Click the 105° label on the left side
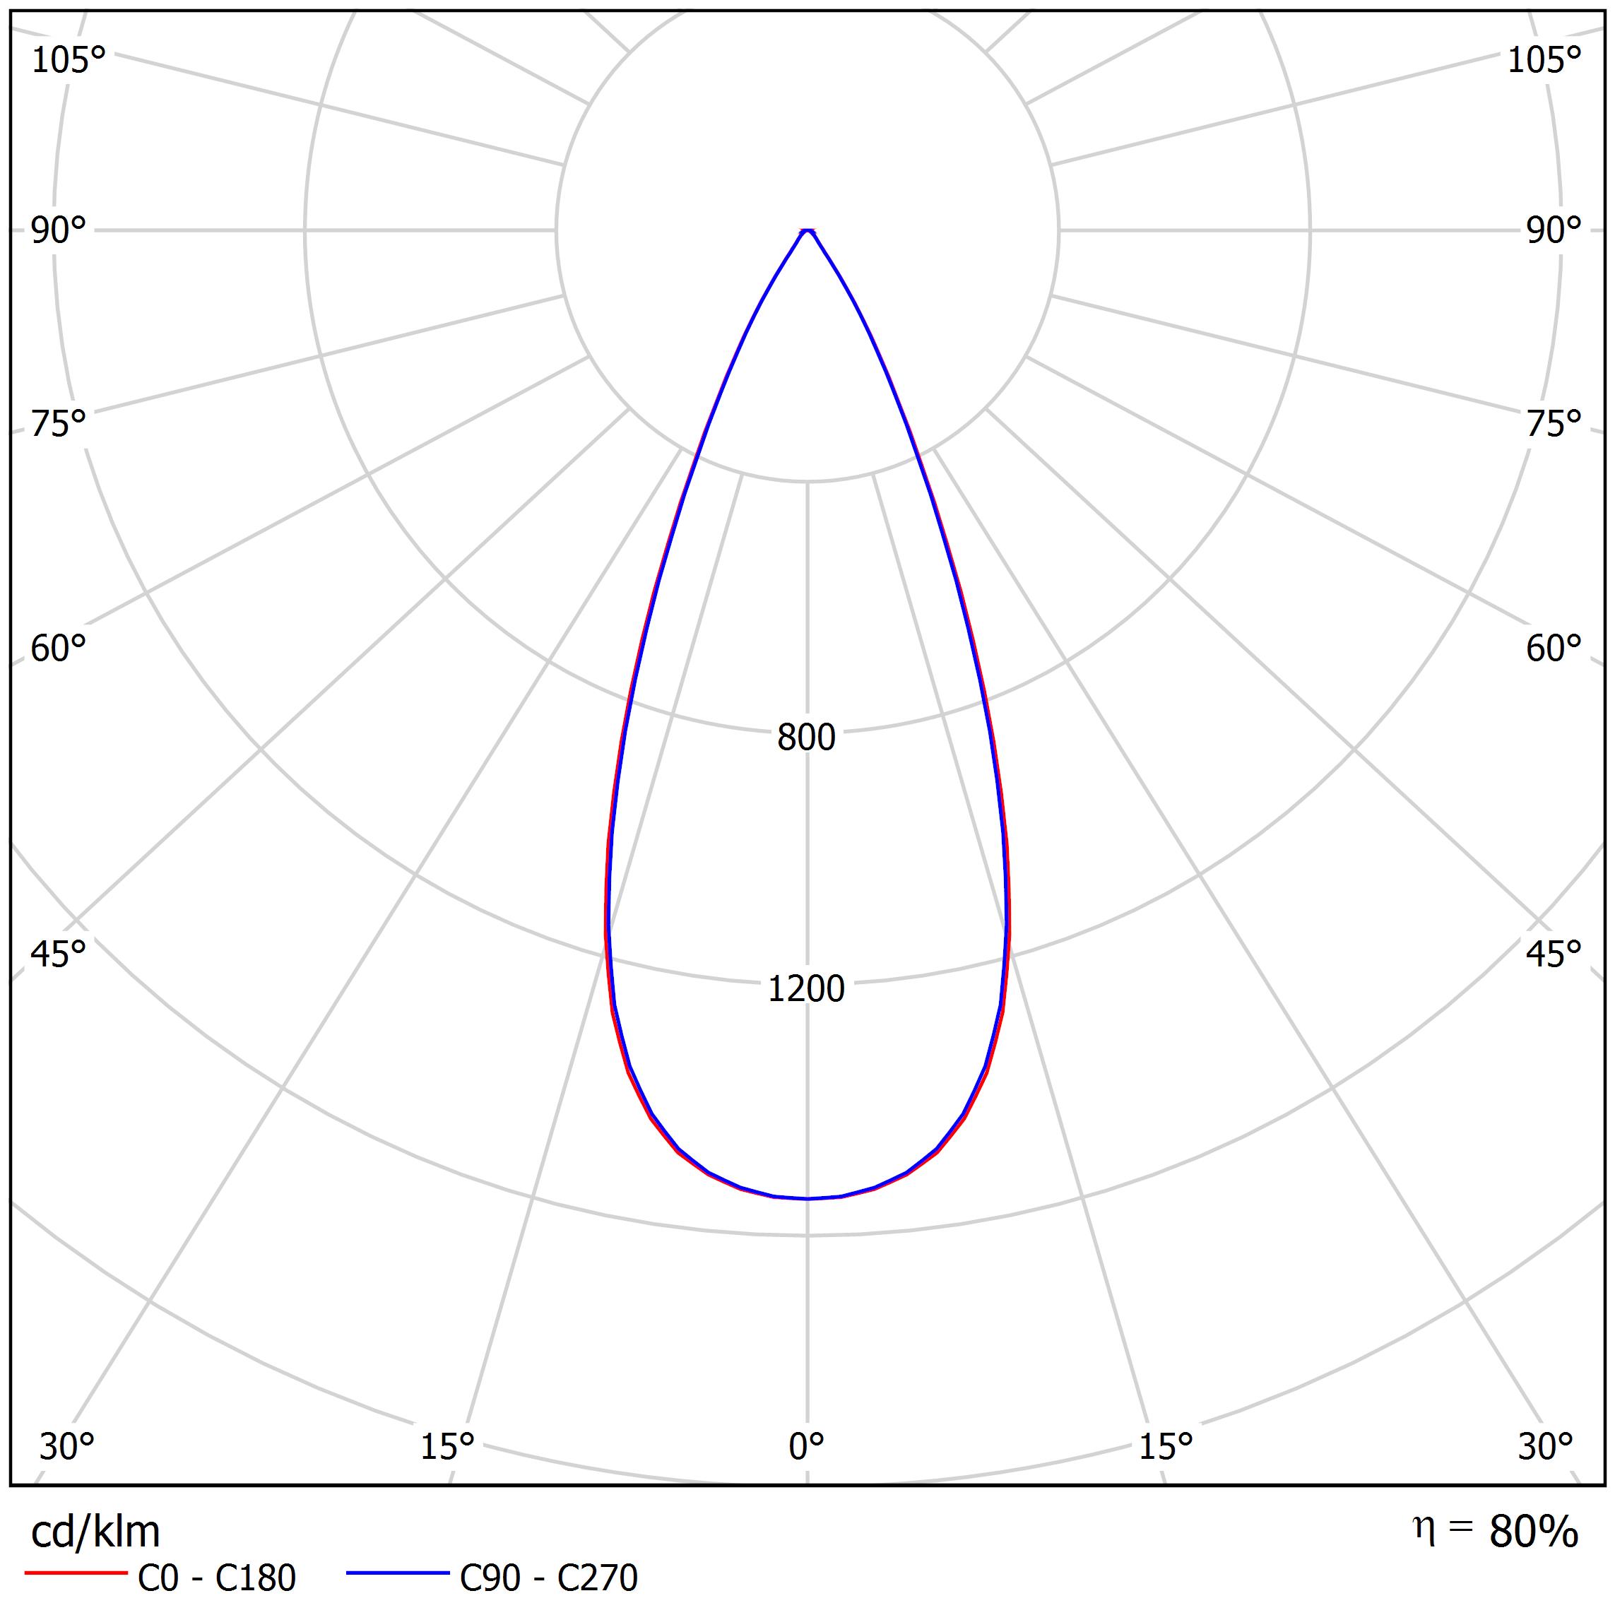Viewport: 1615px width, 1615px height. tap(69, 60)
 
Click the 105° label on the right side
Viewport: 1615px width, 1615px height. tap(1544, 60)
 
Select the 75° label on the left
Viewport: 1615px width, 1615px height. tap(59, 424)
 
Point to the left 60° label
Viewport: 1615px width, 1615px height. tap(59, 649)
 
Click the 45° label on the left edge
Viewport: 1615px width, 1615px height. tap(59, 954)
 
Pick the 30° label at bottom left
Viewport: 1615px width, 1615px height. tap(67, 1447)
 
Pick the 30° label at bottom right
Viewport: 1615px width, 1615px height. tap(1546, 1447)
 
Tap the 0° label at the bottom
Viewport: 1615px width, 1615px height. tap(807, 1447)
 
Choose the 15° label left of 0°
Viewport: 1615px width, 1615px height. tap(447, 1447)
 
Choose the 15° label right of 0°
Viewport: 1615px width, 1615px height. tap(1166, 1447)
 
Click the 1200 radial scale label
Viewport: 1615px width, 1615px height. tap(807, 989)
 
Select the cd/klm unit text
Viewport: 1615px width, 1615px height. tap(95, 1532)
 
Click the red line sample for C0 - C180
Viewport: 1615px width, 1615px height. tap(75, 1573)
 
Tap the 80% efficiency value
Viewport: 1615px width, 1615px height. tap(1533, 1532)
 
